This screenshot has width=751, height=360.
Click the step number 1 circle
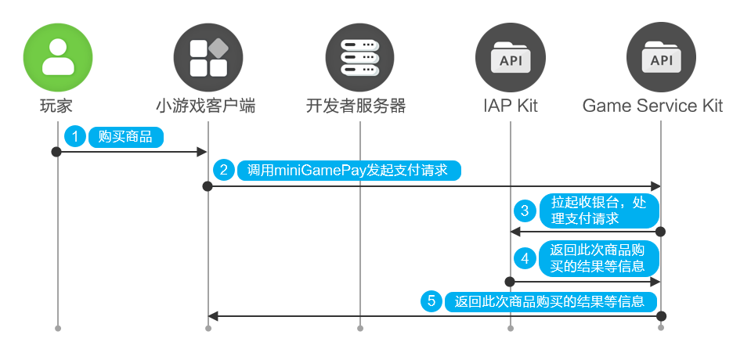(75, 136)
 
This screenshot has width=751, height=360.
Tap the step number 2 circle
(225, 170)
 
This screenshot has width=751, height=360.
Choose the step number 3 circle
(525, 211)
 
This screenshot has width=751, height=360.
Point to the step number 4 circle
(525, 258)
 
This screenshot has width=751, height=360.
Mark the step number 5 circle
(431, 301)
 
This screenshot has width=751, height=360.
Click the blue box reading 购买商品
(125, 136)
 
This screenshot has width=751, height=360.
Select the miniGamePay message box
(348, 170)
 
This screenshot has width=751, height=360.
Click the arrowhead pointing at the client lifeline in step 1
(202, 151)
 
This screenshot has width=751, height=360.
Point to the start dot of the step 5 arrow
(661, 316)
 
